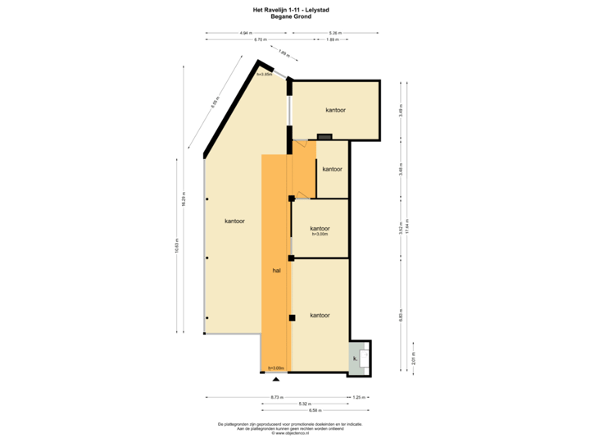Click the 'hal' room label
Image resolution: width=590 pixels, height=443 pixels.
pos(276,269)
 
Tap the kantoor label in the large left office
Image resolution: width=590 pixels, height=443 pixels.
pos(234,221)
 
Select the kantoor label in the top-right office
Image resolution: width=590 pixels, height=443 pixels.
pos(335,110)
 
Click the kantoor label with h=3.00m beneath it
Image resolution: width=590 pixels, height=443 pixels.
pos(320,228)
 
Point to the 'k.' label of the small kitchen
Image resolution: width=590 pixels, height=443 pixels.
pos(356,359)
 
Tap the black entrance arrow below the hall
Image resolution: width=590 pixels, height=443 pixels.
pos(276,379)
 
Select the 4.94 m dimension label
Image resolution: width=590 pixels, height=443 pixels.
pos(244,33)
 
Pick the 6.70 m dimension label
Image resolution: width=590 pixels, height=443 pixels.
pos(260,39)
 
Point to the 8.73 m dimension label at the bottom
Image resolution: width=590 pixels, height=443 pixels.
pos(277,397)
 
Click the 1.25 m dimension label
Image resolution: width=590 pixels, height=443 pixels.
pos(357,397)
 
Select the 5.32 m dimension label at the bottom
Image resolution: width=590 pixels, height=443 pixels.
pos(304,404)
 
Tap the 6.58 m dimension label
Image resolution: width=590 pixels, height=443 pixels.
pos(315,410)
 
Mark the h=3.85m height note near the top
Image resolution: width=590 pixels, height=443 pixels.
pos(264,75)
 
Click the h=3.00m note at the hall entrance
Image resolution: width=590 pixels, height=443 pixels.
pos(275,368)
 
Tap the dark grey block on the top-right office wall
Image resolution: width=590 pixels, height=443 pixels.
pos(324,137)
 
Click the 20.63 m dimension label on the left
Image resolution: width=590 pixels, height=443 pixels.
pos(177,246)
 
